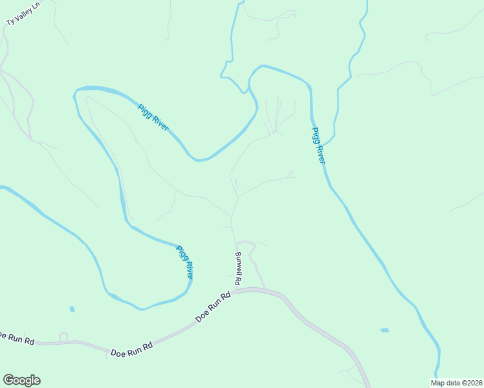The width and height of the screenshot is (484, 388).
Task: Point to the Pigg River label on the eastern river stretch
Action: point(317,145)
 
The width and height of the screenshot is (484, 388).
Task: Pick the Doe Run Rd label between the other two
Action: point(131,350)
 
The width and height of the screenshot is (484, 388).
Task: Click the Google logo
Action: point(21,380)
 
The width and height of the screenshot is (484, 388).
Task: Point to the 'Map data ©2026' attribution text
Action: point(456,383)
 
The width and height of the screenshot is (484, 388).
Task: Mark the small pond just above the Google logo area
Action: point(71,309)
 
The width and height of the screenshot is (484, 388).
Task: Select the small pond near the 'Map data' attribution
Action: point(385,330)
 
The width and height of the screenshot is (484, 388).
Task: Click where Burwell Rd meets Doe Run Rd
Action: point(234,292)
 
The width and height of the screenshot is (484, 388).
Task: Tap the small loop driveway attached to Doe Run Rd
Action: point(63,336)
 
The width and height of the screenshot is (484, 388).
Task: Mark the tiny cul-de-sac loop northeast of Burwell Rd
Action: point(291,173)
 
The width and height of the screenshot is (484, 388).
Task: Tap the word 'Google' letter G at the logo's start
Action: point(8,380)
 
